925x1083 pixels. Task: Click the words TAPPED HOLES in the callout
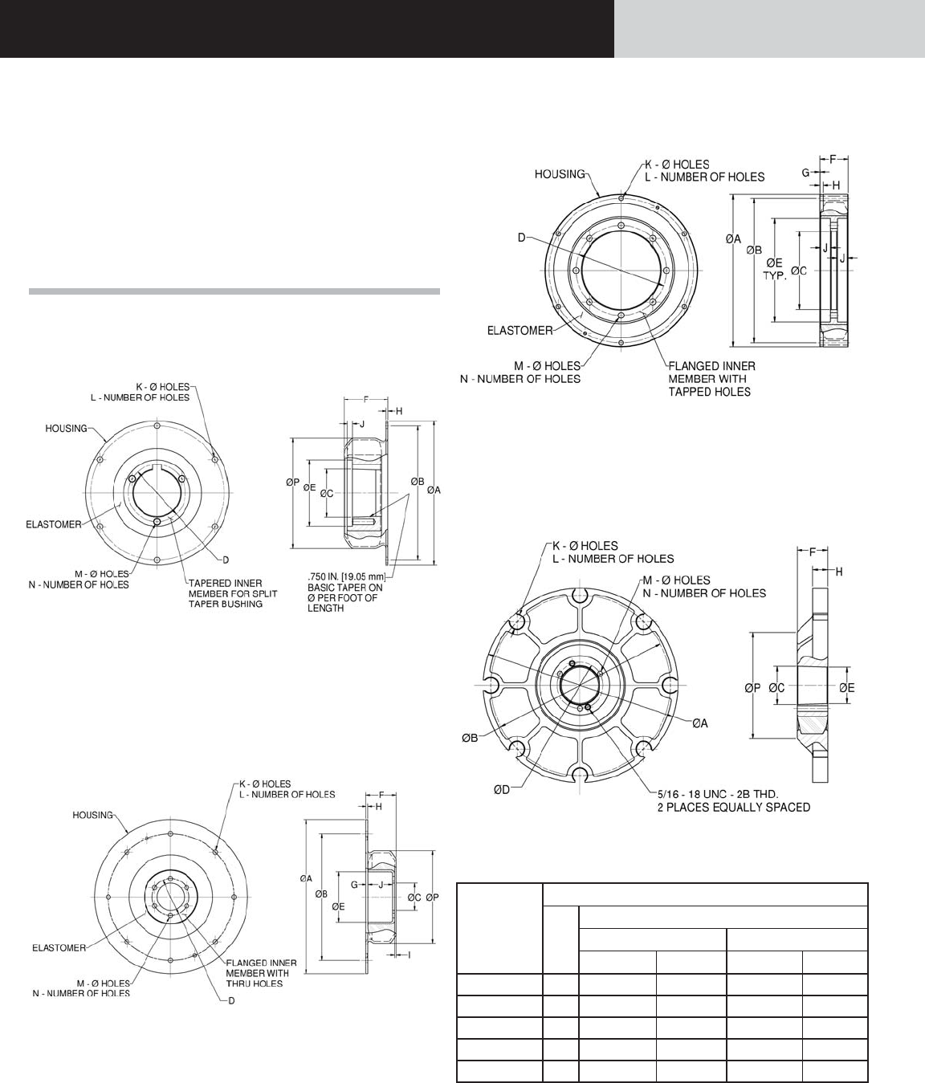[x=709, y=392]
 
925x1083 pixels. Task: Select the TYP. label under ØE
[x=773, y=275]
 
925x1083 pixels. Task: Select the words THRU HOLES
[x=255, y=983]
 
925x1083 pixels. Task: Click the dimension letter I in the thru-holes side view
[x=410, y=955]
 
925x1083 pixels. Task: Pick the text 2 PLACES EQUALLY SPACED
[x=734, y=807]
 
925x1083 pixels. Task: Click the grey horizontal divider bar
[x=234, y=291]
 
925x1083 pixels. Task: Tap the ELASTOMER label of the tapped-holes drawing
[x=520, y=330]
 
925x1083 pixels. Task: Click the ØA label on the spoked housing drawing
[x=701, y=723]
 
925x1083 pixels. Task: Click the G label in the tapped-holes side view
[x=805, y=172]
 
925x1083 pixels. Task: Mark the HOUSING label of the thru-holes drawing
[x=93, y=815]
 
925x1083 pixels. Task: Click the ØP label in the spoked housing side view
[x=752, y=687]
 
